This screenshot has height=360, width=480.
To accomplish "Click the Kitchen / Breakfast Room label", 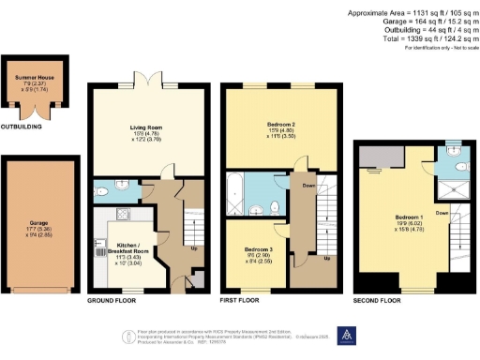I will (x=111, y=246).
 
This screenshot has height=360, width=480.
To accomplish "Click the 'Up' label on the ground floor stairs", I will (x=194, y=247).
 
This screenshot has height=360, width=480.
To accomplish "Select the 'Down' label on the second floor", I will (x=442, y=213).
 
